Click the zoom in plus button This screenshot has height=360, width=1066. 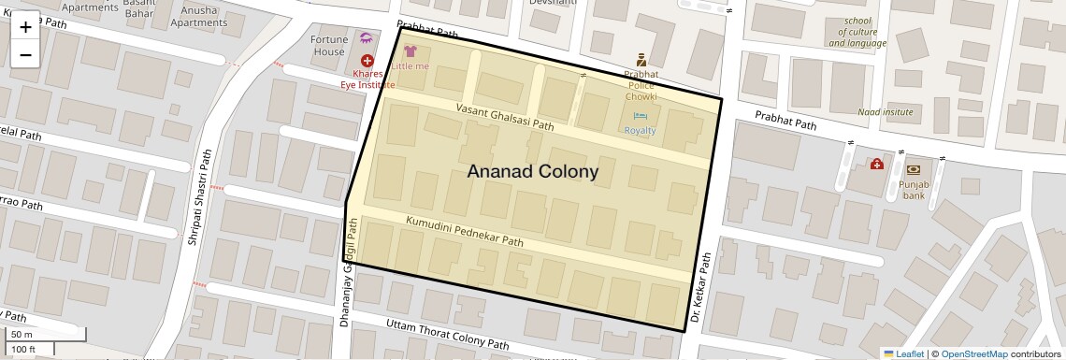(25, 26)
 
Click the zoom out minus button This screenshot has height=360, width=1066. (25, 54)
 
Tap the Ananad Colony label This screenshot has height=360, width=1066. (532, 172)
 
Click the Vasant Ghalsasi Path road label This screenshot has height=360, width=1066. (505, 117)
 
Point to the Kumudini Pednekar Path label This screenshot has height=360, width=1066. (464, 230)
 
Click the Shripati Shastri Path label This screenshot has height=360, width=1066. (200, 197)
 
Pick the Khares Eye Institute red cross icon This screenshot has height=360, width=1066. (367, 61)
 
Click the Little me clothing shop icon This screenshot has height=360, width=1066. (411, 50)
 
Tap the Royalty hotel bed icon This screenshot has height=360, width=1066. (641, 116)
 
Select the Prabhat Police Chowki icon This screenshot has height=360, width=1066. (641, 59)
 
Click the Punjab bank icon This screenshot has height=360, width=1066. (913, 170)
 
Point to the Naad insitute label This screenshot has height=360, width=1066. (885, 112)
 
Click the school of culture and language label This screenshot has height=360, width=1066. (857, 32)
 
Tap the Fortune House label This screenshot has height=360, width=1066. (329, 46)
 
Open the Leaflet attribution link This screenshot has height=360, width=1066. (903, 353)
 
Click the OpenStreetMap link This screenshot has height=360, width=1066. (973, 353)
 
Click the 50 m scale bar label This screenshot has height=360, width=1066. (22, 334)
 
